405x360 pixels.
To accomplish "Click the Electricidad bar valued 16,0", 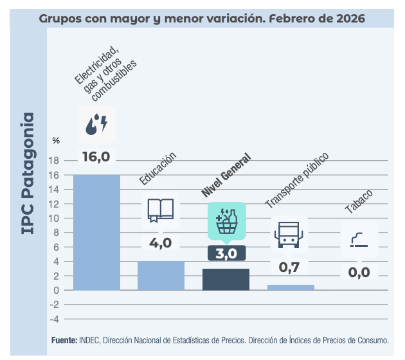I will click(x=96, y=232).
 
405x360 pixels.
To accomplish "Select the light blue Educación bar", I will click(x=161, y=275).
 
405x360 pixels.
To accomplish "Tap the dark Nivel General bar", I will click(x=226, y=279).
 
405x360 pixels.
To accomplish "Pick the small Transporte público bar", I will click(x=291, y=287).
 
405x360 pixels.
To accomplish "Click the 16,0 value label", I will click(x=96, y=156).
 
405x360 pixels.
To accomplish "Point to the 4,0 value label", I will click(x=161, y=243).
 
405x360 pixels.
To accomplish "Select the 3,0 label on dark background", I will click(x=226, y=253).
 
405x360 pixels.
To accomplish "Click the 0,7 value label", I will click(x=291, y=265).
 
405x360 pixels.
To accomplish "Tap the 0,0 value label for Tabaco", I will click(x=359, y=272).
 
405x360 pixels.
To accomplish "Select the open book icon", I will click(x=161, y=210).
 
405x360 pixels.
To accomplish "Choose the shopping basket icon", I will click(x=226, y=222).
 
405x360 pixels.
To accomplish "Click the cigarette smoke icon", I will click(x=359, y=240).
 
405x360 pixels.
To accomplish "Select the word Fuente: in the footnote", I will click(x=64, y=339).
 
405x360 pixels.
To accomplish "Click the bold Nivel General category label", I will click(x=225, y=175).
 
